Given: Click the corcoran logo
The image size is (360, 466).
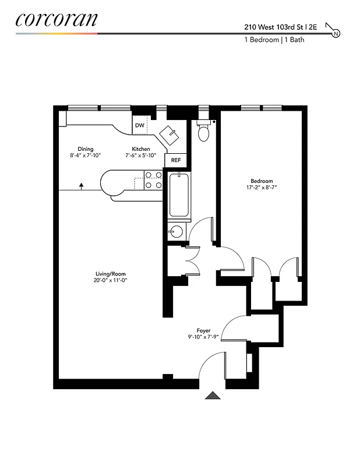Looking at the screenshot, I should [x=56, y=19].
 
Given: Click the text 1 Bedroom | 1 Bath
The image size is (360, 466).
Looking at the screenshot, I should [x=274, y=40].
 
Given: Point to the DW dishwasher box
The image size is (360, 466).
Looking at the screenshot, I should [x=140, y=125].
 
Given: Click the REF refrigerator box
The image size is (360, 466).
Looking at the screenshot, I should [x=176, y=160].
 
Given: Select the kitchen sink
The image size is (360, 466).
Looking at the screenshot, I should [x=171, y=135].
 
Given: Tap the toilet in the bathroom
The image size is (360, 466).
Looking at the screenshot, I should [x=203, y=132].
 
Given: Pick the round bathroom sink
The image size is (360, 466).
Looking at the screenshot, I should [x=175, y=232].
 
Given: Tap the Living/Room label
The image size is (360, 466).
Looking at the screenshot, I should [x=111, y=274].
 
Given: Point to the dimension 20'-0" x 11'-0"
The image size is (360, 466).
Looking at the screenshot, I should [x=111, y=280].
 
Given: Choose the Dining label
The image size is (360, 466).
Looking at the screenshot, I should [x=85, y=149].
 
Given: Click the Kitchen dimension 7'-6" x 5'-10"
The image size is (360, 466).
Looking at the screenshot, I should [x=140, y=156].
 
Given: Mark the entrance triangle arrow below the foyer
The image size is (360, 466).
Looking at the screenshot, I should [x=213, y=396].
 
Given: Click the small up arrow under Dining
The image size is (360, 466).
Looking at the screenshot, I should [x=81, y=185].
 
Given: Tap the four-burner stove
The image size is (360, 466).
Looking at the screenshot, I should [x=153, y=179].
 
